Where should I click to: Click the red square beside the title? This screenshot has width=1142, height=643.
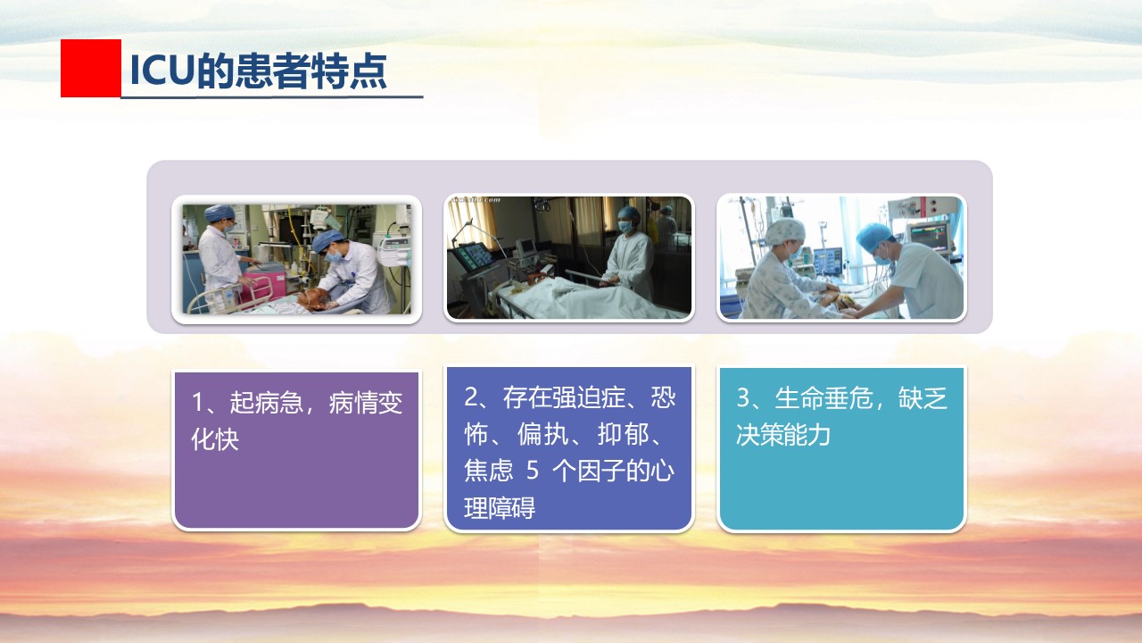(91, 68)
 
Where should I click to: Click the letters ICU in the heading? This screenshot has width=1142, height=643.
(162, 71)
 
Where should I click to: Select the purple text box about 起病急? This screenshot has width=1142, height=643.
(296, 450)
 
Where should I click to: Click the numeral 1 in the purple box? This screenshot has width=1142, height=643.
(198, 402)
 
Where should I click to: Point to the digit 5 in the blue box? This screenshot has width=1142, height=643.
(533, 471)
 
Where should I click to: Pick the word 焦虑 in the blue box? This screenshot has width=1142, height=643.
(488, 471)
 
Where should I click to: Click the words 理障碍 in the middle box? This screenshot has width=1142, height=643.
(500, 508)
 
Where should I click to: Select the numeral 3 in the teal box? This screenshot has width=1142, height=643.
(743, 398)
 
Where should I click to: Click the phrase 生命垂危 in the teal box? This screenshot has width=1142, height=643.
(823, 398)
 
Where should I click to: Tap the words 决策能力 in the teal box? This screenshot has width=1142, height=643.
(783, 435)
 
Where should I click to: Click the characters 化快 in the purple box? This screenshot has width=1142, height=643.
(215, 438)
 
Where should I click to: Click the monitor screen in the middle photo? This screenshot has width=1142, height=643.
(474, 258)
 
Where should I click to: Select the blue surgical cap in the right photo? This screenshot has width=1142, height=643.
(875, 236)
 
